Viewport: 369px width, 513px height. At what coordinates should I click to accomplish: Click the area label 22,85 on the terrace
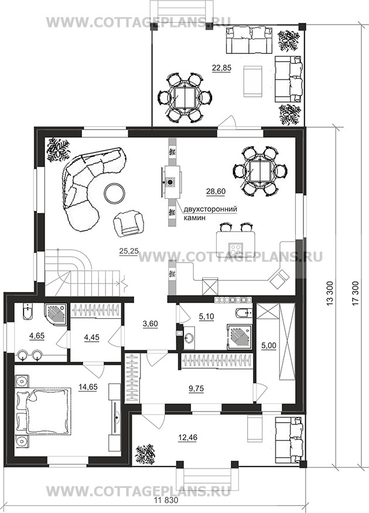[221, 69]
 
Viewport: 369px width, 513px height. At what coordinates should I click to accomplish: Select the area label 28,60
[216, 191]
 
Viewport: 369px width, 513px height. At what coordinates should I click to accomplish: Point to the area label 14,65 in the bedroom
[88, 387]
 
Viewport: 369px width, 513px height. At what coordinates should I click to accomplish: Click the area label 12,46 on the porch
[188, 437]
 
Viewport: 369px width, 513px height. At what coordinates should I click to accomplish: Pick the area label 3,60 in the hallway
[151, 324]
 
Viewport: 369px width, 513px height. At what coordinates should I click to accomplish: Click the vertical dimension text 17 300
[356, 294]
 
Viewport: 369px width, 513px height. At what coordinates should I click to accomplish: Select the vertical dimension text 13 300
[329, 294]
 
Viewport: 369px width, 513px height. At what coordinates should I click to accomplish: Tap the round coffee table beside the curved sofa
[114, 193]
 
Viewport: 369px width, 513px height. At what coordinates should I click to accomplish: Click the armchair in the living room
[128, 222]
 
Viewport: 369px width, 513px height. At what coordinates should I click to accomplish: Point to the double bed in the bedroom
[43, 412]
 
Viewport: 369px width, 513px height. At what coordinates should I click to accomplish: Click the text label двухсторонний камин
[210, 213]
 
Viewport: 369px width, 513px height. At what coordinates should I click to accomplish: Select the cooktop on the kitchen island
[235, 250]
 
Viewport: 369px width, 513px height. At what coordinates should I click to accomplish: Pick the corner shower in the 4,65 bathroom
[55, 314]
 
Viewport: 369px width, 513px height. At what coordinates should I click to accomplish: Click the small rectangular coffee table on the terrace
[252, 81]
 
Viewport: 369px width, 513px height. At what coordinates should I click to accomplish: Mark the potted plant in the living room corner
[58, 150]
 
